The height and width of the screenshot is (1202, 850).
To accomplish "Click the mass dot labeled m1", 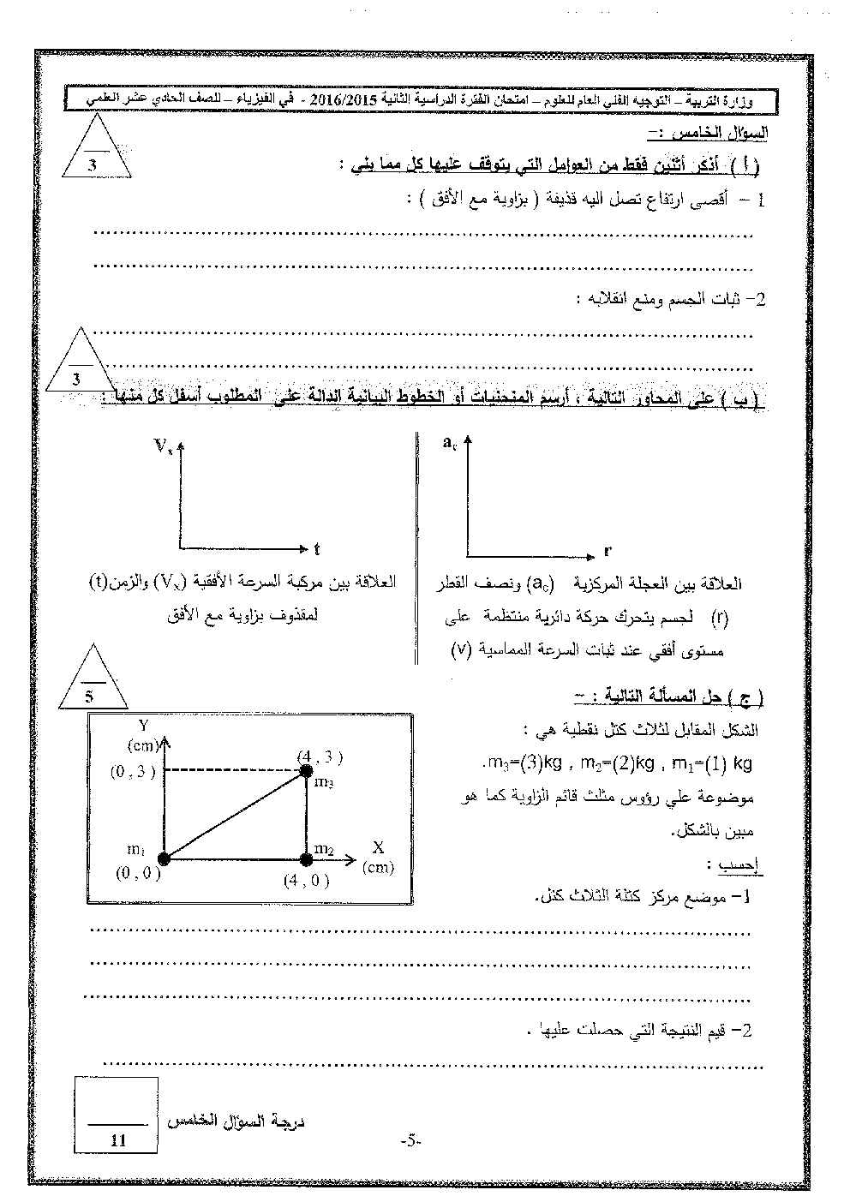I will click(x=164, y=857).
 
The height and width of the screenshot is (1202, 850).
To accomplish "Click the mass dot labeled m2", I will click(x=306, y=857).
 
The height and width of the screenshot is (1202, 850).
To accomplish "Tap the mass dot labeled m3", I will click(x=306, y=771).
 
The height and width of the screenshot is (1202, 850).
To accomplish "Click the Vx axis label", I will click(x=163, y=445).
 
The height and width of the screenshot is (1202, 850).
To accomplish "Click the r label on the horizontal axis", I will click(x=608, y=551).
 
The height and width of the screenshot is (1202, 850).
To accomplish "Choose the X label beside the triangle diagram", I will click(x=377, y=847).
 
